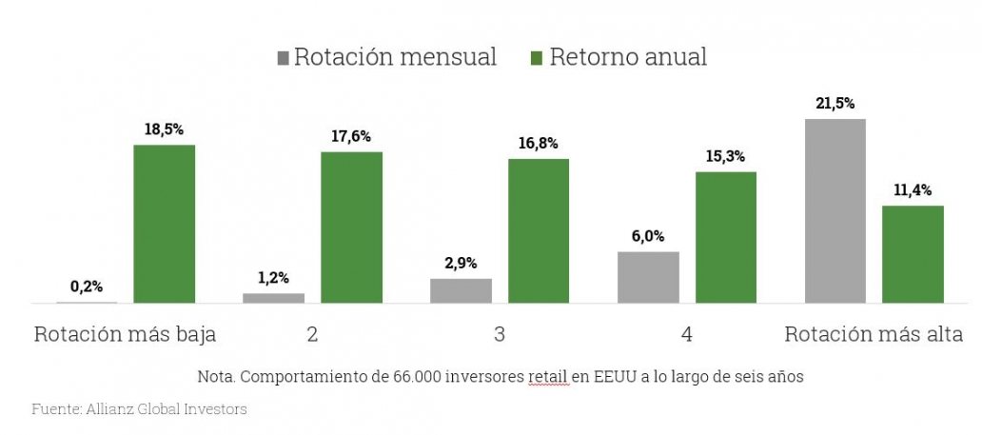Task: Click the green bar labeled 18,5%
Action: [164, 224]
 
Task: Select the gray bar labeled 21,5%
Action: [835, 210]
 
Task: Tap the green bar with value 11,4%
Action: [912, 254]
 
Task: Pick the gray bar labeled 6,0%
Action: [648, 277]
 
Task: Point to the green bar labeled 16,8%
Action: [538, 230]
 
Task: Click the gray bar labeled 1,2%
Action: [273, 298]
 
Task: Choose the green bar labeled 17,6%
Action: [351, 227]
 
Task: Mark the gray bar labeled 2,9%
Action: [461, 290]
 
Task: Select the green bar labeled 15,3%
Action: [725, 237]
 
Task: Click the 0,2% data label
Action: [87, 286]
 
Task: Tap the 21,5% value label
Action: [835, 103]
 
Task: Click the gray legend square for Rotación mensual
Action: [283, 57]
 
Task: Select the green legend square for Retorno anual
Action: [536, 57]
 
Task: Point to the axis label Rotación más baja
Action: [125, 335]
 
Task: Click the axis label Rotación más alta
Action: [874, 335]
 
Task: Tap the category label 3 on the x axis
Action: [499, 335]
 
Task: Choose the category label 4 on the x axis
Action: [686, 335]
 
